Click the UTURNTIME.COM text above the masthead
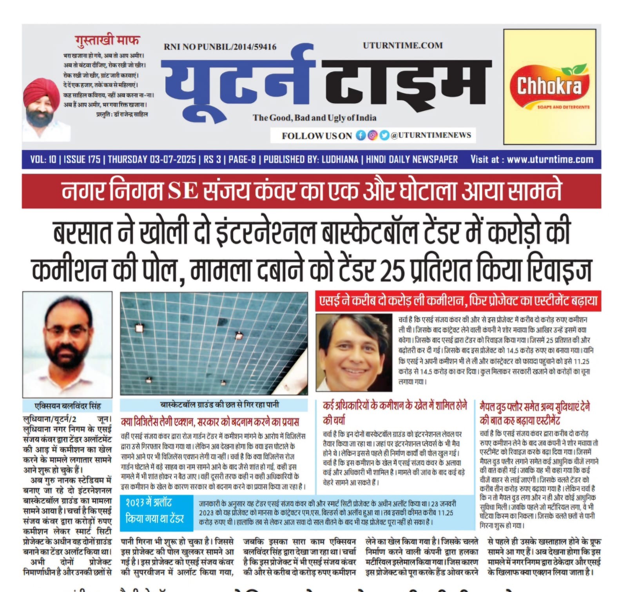(x=402, y=46)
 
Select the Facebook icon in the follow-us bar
(x=361, y=135)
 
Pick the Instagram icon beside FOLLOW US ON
(x=372, y=135)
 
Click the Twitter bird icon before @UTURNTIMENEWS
(x=384, y=135)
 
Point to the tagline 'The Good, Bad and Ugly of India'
(x=314, y=118)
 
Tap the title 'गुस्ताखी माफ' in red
(x=107, y=40)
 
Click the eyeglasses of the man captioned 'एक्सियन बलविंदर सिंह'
(x=67, y=331)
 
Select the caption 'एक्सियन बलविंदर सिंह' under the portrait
(x=67, y=406)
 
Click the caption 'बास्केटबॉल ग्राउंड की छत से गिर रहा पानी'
(x=219, y=405)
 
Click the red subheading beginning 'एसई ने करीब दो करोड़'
(x=458, y=301)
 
